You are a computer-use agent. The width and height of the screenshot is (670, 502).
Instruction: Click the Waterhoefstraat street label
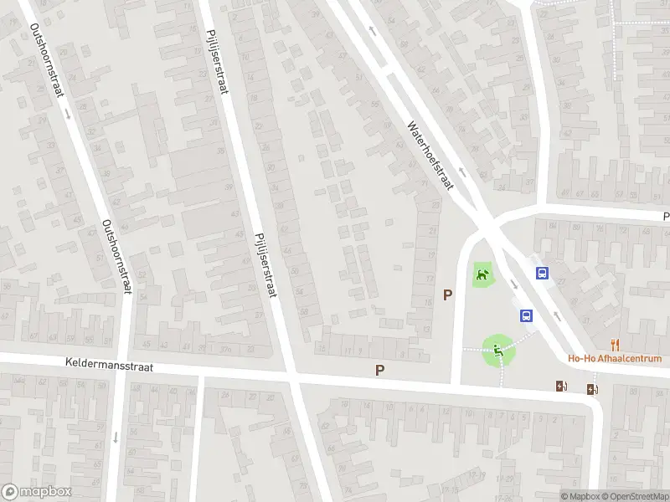tap(430, 156)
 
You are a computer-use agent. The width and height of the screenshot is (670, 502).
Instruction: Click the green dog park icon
tap(482, 274)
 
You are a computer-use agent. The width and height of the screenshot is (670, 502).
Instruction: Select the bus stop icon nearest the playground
tap(527, 315)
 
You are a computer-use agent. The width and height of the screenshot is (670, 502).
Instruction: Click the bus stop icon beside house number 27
tap(542, 273)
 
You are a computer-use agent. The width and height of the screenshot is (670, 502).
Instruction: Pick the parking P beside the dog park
tap(448, 295)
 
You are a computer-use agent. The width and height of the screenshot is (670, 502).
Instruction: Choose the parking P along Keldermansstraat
tap(380, 369)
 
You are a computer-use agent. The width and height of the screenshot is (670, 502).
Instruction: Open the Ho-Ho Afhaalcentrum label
tap(616, 359)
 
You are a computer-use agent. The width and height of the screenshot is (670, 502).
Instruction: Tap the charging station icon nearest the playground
tap(561, 386)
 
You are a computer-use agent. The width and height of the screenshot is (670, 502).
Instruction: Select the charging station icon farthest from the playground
tap(593, 388)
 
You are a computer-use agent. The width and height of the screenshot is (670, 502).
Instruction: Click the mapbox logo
tap(37, 492)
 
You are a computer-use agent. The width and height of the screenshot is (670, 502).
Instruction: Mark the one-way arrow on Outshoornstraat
tap(115, 437)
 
